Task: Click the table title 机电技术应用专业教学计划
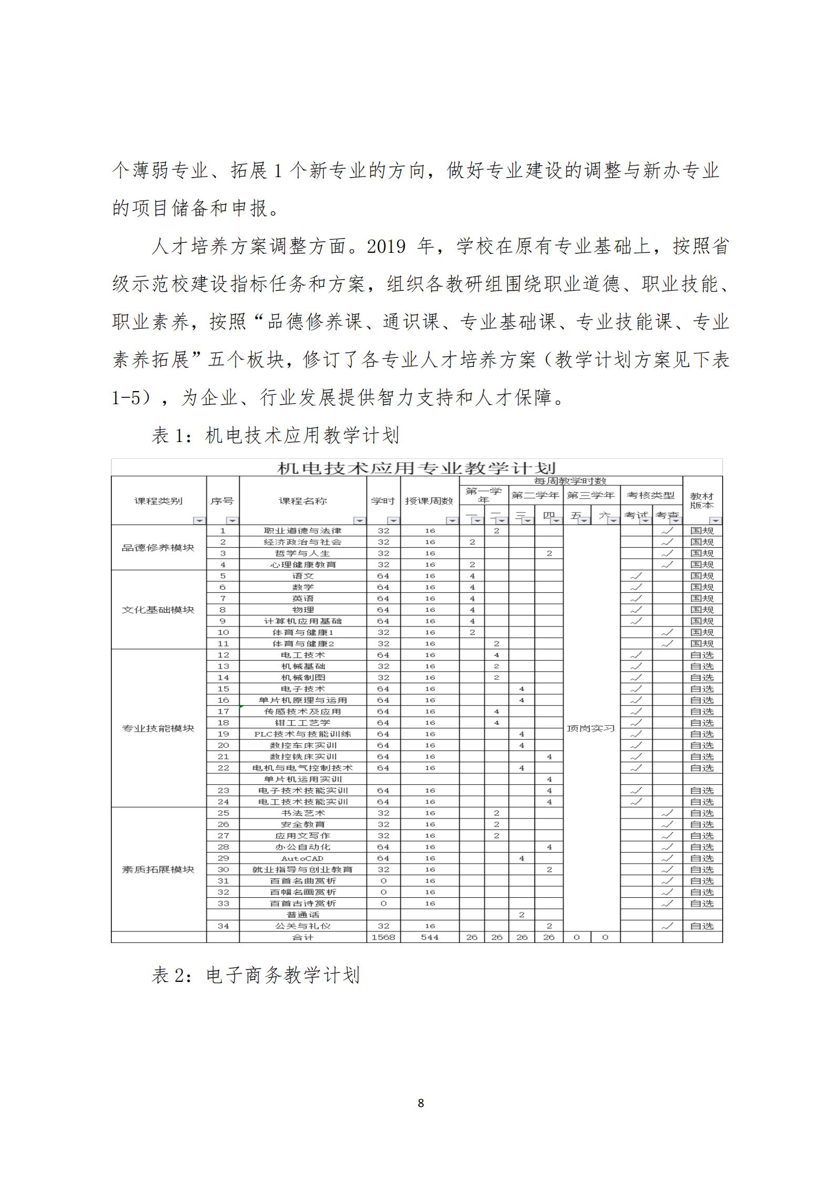coord(416,468)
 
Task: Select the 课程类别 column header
coord(158,501)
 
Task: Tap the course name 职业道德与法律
coord(303,531)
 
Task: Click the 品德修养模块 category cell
coord(158,548)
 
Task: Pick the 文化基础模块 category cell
coord(158,610)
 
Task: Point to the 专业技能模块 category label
coord(158,728)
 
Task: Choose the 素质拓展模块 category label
coord(158,869)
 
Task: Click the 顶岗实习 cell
coord(591,728)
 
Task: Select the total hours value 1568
coord(383,937)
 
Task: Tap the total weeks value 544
coord(430,937)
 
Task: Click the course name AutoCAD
coord(303,858)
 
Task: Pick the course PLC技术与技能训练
coord(303,734)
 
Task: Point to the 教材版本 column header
coord(702,500)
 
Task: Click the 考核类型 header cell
coord(651,495)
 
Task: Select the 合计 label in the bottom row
coord(303,937)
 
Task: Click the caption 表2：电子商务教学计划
coord(256,976)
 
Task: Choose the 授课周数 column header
coord(429,501)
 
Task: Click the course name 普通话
coord(303,915)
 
